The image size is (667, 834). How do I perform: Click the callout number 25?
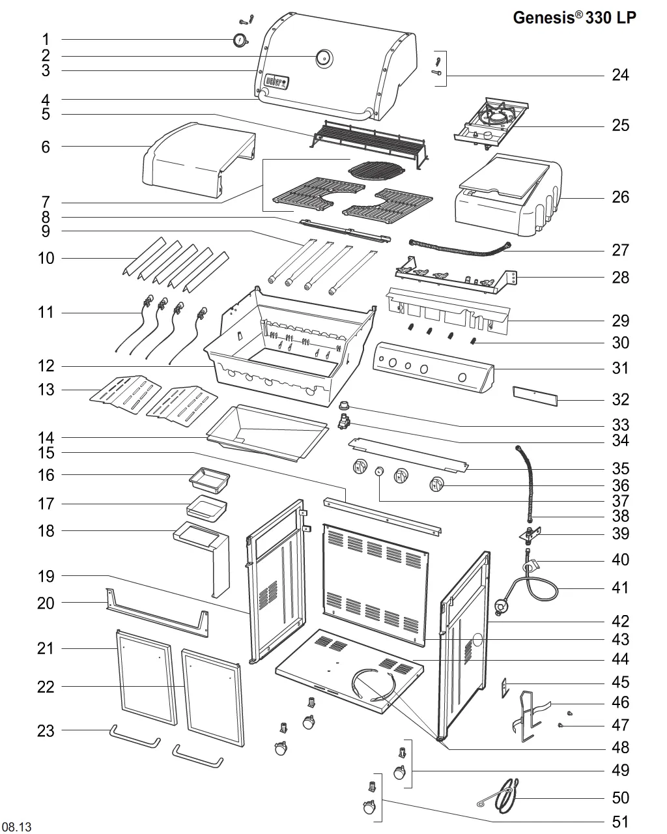(620, 126)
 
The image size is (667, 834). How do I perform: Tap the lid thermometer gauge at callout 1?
(240, 40)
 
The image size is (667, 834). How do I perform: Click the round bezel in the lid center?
(324, 58)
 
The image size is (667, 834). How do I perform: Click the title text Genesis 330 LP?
(575, 18)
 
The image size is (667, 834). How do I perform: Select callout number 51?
(620, 822)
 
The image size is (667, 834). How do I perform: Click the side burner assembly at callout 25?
(491, 123)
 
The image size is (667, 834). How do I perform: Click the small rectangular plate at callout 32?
(535, 395)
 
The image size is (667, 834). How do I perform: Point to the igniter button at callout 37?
(379, 472)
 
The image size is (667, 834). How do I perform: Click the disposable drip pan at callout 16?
(209, 481)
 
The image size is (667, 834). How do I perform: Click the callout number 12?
(46, 366)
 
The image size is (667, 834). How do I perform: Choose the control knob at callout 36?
(436, 484)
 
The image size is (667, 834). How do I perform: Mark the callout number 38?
(620, 516)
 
